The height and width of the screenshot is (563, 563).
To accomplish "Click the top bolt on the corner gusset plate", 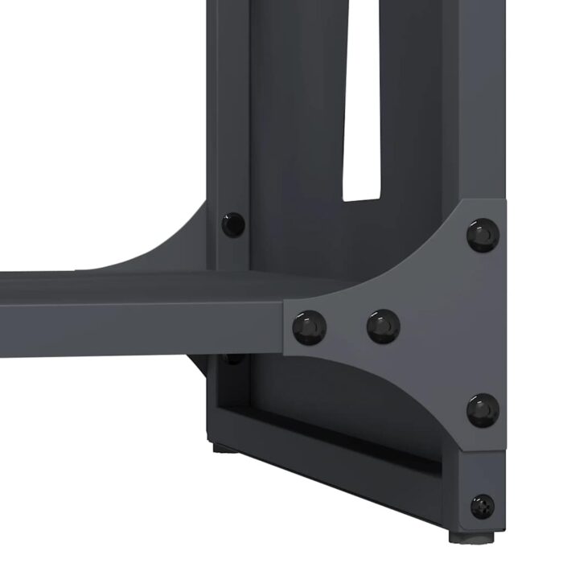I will [x=483, y=234].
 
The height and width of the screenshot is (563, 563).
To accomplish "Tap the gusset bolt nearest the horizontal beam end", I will [x=310, y=327].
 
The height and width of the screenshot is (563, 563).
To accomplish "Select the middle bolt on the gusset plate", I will [x=384, y=326].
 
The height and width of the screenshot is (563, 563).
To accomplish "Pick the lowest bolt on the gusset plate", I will [x=483, y=410].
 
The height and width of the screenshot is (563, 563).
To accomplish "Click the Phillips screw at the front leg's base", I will [x=483, y=506].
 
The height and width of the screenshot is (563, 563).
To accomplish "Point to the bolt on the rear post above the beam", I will [x=232, y=224].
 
